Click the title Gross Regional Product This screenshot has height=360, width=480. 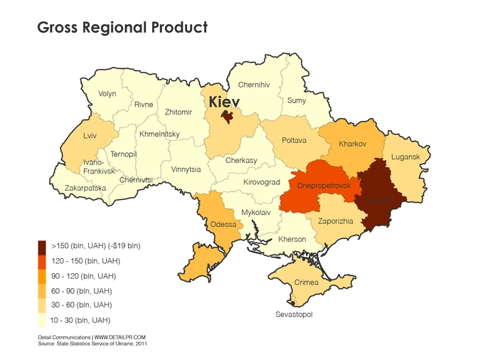[x=122, y=28]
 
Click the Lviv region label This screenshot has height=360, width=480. [x=90, y=135]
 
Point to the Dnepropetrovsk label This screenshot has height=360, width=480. [x=324, y=185]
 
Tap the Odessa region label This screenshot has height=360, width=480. [x=223, y=225]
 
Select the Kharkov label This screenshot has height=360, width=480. [x=352, y=144]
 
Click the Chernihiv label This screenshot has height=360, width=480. [x=253, y=85]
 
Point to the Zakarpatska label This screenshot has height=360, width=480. [x=85, y=189]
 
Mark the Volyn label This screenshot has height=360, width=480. [x=107, y=94]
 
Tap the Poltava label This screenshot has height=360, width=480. [x=294, y=140]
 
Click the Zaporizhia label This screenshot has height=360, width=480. [x=336, y=221]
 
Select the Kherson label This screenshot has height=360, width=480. [x=292, y=239]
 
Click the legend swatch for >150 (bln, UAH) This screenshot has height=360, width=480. [x=42, y=246]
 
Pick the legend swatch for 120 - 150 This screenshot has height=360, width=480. [x=42, y=261]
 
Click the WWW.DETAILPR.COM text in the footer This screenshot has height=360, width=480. [x=120, y=337]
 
